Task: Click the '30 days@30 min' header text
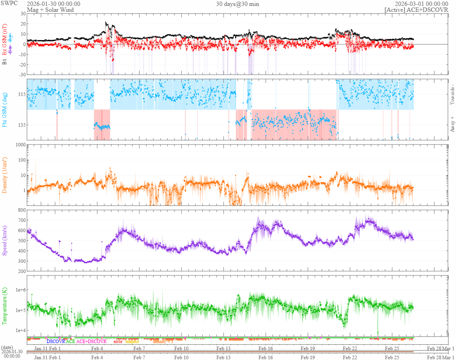(237, 4)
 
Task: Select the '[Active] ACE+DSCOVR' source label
(416, 10)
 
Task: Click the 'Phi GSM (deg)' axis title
(5, 109)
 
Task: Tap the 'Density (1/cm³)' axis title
(5, 175)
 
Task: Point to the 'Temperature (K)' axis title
(5, 306)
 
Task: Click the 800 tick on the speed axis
(21, 210)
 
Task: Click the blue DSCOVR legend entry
(56, 341)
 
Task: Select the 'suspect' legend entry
(132, 341)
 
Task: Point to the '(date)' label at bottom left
(7, 347)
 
